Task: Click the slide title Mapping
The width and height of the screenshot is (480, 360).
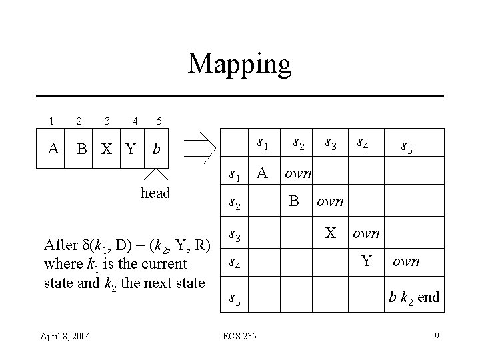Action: pyautogui.click(x=239, y=65)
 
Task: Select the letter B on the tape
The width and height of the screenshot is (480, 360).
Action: pyautogui.click(x=81, y=147)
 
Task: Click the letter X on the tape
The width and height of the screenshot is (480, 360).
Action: pyautogui.click(x=107, y=148)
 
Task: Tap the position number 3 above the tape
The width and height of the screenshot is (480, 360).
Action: pyautogui.click(x=107, y=121)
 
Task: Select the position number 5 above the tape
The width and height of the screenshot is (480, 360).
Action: pyautogui.click(x=159, y=121)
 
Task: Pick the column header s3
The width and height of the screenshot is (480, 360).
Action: pyautogui.click(x=329, y=142)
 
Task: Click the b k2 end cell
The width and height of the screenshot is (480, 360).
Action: pyautogui.click(x=414, y=297)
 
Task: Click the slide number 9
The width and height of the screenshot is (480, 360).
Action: pyautogui.click(x=437, y=335)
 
